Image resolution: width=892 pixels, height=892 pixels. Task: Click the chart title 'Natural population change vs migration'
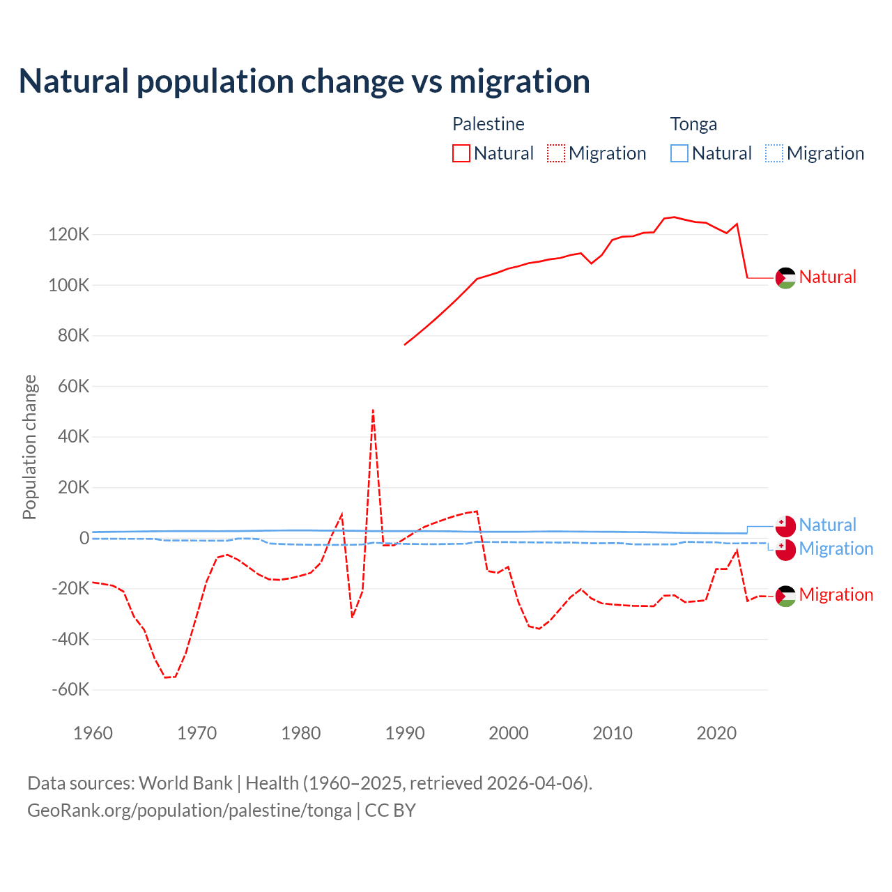(305, 82)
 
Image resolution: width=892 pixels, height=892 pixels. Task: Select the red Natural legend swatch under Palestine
(461, 153)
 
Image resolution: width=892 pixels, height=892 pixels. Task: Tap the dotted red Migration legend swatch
(556, 153)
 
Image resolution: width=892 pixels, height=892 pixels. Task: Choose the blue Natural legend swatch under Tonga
(679, 153)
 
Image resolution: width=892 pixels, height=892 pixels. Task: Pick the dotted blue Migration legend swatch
(774, 153)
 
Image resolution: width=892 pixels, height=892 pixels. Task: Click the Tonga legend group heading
(693, 124)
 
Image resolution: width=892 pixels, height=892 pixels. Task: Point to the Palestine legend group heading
(488, 124)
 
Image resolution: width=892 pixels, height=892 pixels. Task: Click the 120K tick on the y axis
(69, 235)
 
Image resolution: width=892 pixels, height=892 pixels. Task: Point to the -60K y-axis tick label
(70, 690)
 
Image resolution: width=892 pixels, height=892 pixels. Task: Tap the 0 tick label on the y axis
(84, 538)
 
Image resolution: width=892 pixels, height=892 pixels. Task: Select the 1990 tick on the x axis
(405, 733)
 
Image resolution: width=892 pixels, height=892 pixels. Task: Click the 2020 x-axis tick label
(716, 733)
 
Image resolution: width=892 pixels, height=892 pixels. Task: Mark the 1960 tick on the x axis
(93, 733)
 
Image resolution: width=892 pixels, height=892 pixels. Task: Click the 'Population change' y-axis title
(29, 447)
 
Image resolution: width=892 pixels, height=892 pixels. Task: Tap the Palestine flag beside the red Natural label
(785, 278)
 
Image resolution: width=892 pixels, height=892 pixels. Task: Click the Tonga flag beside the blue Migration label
(785, 550)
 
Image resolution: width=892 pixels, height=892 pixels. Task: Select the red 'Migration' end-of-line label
(836, 594)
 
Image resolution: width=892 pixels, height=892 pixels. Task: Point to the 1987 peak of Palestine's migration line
(374, 410)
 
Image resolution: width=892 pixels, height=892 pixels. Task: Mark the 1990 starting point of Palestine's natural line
(405, 345)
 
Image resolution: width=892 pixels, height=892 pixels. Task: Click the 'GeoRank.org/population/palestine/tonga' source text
(190, 810)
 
